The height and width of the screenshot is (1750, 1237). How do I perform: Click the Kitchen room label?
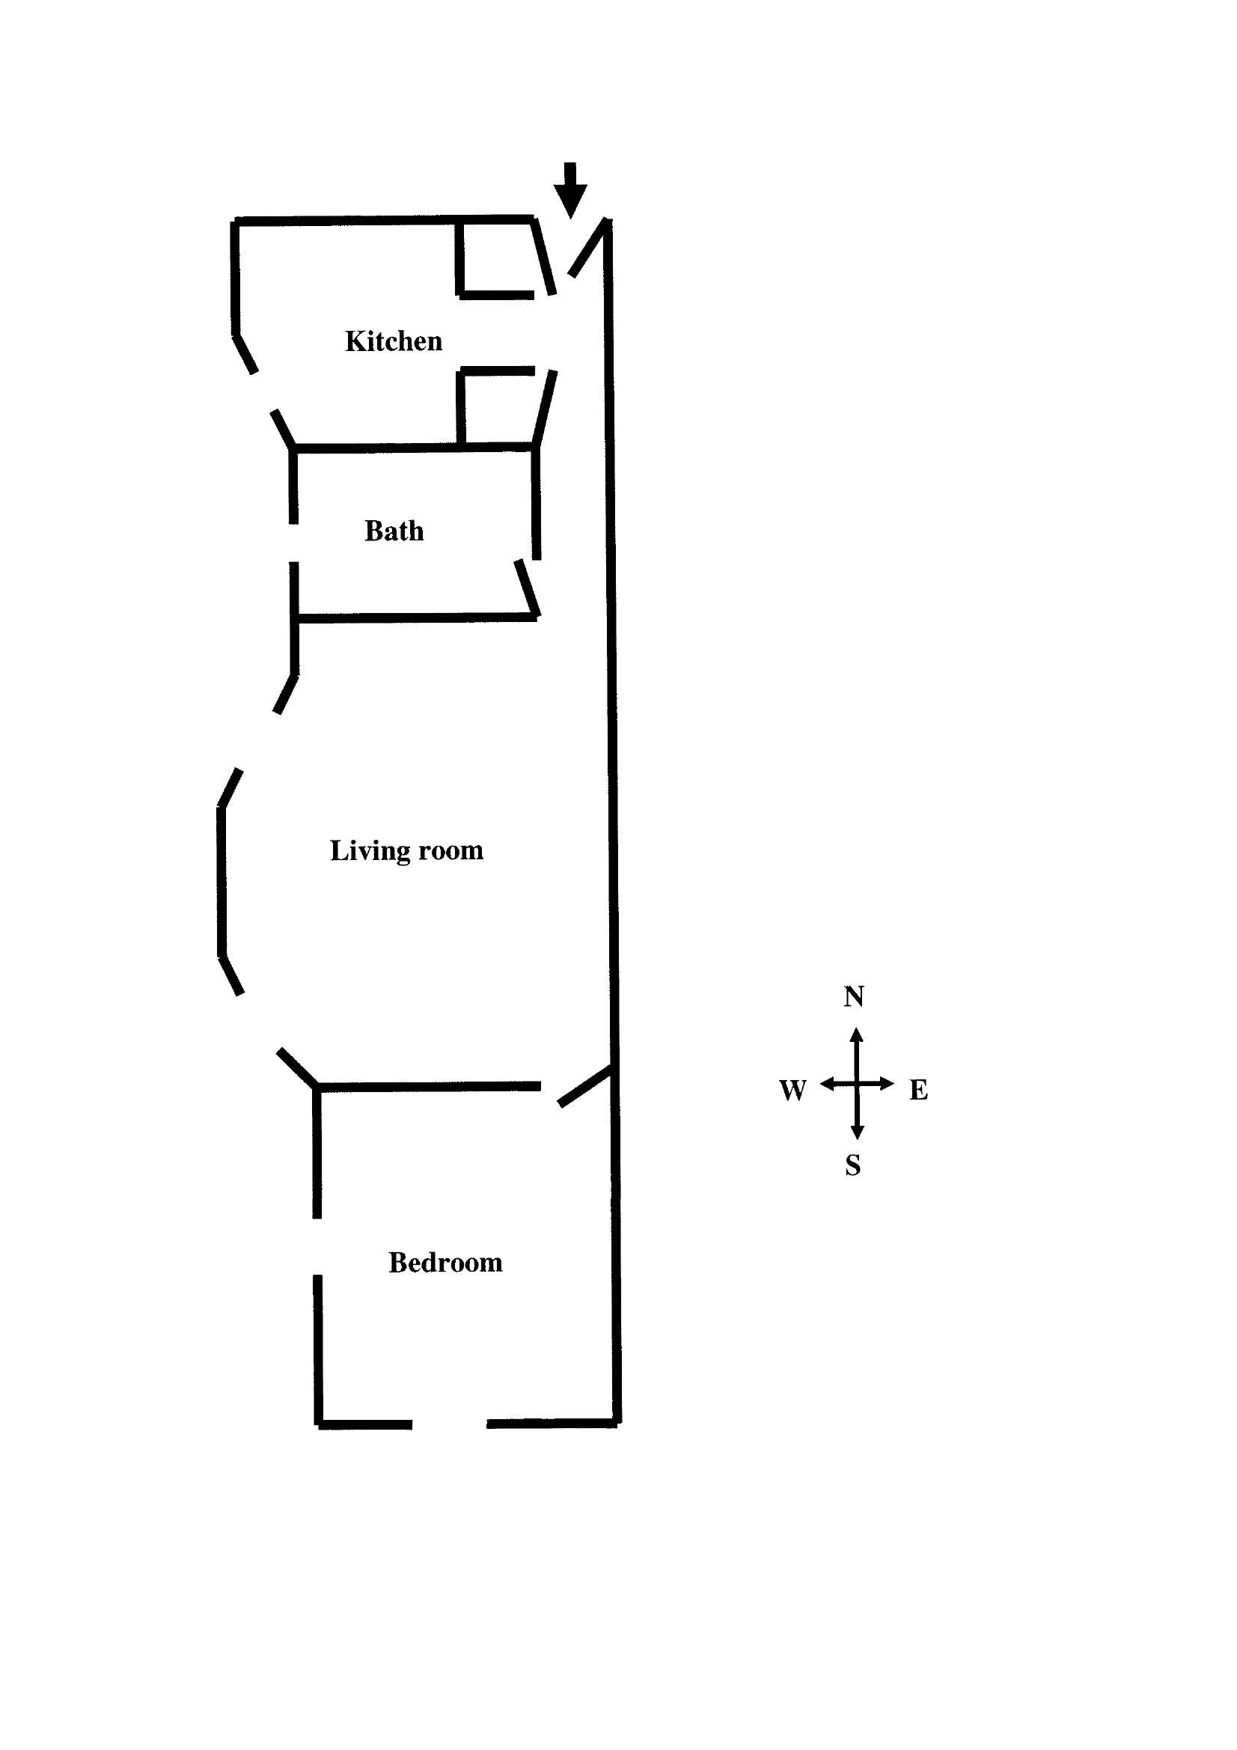point(394,341)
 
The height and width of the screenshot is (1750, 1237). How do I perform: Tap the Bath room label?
point(394,531)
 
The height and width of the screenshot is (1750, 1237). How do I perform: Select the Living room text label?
point(406,850)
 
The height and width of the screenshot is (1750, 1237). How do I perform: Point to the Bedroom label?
point(445,1262)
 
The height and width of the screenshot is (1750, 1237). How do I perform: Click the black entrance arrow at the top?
point(570,190)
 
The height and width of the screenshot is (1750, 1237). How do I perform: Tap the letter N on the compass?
point(854,996)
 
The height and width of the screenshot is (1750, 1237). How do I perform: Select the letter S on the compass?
point(853,1165)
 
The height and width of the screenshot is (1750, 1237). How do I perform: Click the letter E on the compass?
point(918,1090)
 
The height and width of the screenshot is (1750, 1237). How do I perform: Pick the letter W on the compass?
point(792,1090)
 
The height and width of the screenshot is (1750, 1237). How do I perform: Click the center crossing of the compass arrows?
point(857,1083)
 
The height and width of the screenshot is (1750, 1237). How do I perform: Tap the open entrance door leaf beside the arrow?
point(589,248)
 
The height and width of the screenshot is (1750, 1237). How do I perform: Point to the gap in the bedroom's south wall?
point(450,1423)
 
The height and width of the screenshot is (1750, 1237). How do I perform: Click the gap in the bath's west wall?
point(293,543)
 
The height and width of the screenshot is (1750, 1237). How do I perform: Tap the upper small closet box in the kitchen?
point(496,257)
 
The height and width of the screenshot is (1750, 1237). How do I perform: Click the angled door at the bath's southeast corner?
point(528,588)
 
